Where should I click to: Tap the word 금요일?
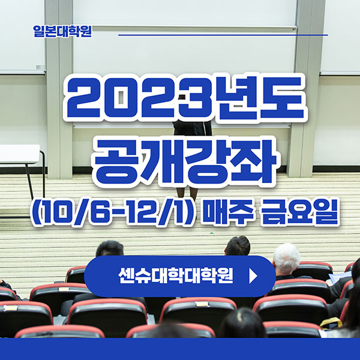point(297,214)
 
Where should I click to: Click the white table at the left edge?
point(18,154)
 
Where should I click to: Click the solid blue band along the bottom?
point(180,349)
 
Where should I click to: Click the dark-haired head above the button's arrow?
point(238,245)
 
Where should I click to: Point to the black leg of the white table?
point(28,180)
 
